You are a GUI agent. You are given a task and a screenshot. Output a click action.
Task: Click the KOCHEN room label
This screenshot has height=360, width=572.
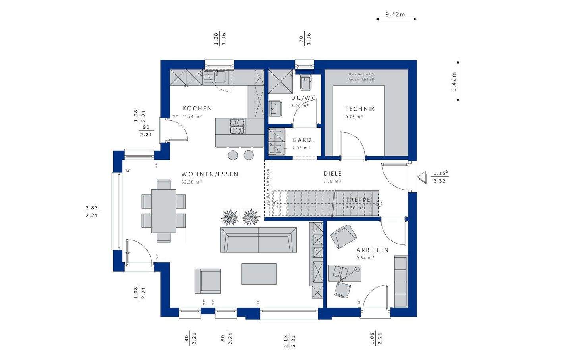coord(197,108)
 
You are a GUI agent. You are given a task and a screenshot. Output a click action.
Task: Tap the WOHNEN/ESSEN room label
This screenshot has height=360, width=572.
coord(210,174)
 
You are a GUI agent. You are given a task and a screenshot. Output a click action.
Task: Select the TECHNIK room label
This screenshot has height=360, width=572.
coord(360,109)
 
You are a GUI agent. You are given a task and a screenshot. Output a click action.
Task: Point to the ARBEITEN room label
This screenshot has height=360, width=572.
coord(372,250)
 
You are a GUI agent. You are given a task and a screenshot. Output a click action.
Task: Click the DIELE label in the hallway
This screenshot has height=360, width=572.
coord(332,174)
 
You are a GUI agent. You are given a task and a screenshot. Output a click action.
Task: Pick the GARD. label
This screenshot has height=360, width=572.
coord(303,140)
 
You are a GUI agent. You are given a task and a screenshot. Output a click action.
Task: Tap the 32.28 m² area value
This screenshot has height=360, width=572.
coord(191,182)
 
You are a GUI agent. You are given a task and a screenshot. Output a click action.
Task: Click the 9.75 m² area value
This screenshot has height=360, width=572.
coord(354,117)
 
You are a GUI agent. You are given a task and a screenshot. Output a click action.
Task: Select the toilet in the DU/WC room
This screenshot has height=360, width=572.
coord(306,81)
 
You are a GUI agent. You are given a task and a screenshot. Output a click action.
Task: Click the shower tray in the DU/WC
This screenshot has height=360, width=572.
coord(280,81)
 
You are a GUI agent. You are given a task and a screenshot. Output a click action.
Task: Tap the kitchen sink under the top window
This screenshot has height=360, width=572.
coord(218,77)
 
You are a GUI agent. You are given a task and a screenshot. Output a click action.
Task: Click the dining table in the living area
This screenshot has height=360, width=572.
coord(164,211)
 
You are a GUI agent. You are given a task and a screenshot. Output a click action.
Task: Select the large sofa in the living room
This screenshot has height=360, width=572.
coord(258,240)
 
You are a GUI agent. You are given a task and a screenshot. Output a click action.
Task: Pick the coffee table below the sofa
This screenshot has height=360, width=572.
coord(259,274)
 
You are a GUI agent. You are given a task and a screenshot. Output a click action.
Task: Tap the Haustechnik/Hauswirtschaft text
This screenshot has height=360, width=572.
coord(360,77)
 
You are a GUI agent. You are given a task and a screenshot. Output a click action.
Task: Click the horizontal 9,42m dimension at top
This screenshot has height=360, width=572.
coord(396,15)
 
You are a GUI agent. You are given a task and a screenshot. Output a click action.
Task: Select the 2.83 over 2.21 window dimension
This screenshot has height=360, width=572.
coord(91,211)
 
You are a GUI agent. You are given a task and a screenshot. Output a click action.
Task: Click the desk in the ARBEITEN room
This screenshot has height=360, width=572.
coord(345,273)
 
